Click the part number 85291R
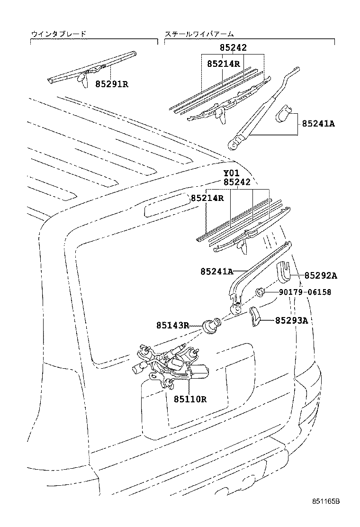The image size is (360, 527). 112,84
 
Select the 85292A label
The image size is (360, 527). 321,275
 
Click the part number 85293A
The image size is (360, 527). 291,321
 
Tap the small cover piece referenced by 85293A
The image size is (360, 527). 255,316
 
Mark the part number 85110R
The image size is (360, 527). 189,399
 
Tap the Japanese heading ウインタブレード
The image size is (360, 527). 59,34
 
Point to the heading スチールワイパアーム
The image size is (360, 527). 199,34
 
